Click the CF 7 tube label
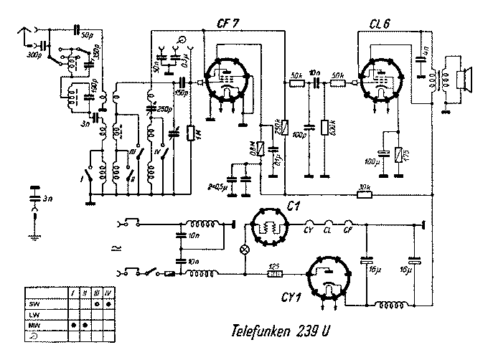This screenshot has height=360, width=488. [x=228, y=25]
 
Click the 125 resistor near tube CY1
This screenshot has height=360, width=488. [x=273, y=273]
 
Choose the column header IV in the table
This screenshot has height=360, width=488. [x=108, y=293]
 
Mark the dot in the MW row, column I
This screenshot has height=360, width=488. [x=73, y=325]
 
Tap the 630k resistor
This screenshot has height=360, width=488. [x=324, y=128]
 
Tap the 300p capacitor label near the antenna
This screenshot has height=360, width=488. [x=32, y=54]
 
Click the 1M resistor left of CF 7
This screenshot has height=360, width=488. [x=189, y=133]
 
